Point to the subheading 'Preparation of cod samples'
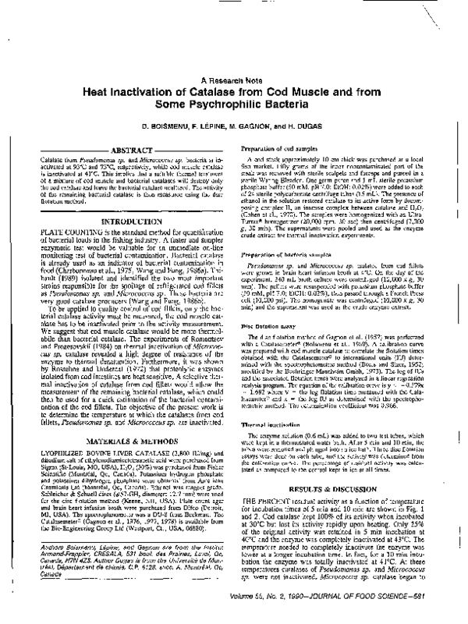coord(290,148)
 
